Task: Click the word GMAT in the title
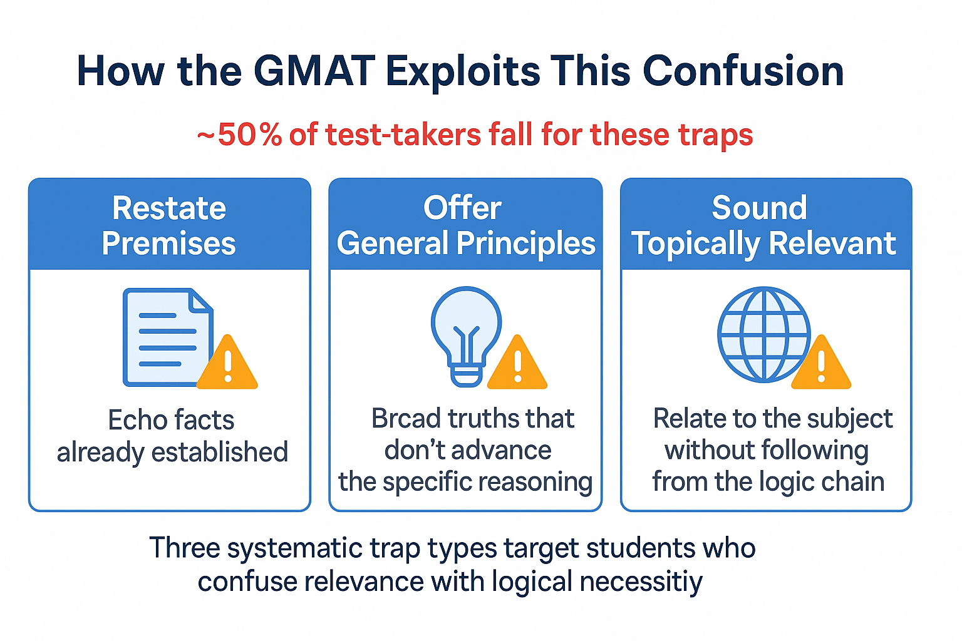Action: (314, 71)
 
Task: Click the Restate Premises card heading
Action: (169, 225)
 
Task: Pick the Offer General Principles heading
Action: (465, 225)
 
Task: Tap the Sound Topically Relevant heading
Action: (764, 225)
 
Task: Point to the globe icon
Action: (763, 334)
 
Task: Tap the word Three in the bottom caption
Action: (185, 548)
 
